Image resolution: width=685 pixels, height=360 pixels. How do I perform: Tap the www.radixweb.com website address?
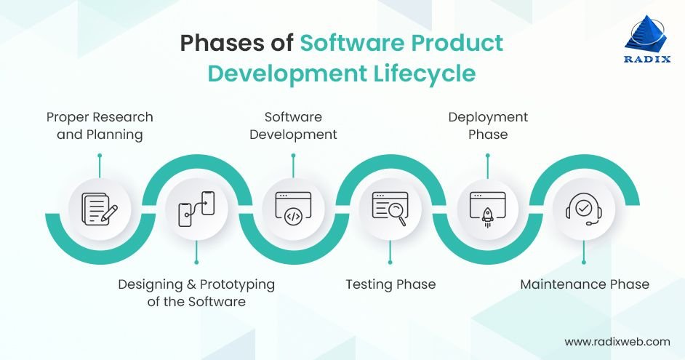(617, 341)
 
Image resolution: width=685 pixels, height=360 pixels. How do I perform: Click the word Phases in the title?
(236, 43)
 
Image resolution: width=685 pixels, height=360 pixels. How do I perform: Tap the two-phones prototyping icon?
(196, 209)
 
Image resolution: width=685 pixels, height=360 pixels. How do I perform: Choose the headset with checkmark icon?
(584, 209)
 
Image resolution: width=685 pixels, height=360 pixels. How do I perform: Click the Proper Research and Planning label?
(100, 126)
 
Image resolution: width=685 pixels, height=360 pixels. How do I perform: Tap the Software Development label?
(293, 126)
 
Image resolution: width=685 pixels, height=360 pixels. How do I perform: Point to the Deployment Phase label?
(488, 126)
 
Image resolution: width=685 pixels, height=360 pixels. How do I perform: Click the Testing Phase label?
(390, 284)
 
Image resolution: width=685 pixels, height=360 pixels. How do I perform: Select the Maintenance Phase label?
(585, 284)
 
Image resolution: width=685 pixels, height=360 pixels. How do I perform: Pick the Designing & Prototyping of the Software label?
(196, 292)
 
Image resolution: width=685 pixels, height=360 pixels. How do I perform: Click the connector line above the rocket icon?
(487, 166)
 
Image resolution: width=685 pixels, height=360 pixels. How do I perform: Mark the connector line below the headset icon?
(584, 253)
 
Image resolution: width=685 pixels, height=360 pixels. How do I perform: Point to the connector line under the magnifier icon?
(390, 253)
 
